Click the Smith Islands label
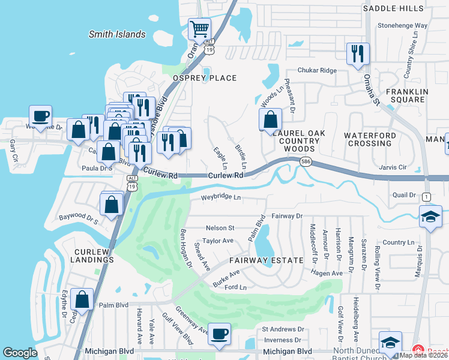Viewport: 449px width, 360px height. [x=117, y=34]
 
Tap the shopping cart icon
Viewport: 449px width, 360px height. [x=199, y=28]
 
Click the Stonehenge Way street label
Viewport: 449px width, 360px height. [x=402, y=26]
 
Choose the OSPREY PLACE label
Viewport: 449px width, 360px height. [x=205, y=78]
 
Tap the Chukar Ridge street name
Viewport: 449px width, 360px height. [x=319, y=70]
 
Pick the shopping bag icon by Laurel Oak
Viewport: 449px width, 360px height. [x=271, y=119]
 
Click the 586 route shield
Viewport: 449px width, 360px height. [x=306, y=161]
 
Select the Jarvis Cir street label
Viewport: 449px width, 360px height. [x=393, y=167]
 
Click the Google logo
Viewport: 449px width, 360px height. [x=20, y=353]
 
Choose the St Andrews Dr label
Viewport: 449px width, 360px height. [x=283, y=329]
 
